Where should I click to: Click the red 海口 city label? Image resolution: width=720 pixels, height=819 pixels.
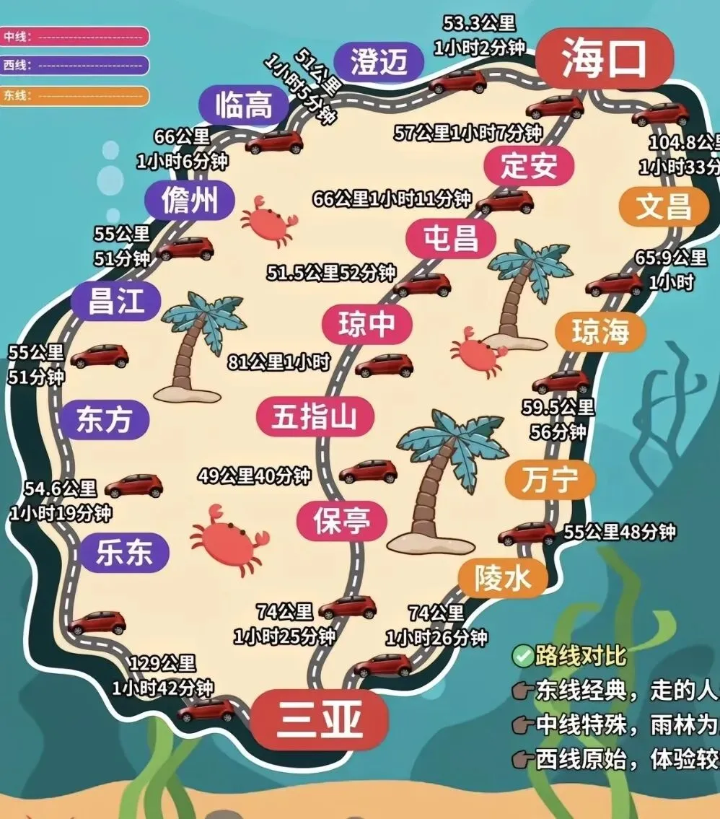604,58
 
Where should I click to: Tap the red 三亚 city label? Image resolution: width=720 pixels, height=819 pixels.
319,718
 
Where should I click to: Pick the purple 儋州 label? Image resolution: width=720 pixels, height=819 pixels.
190,200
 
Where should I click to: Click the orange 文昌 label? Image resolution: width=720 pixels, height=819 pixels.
663,206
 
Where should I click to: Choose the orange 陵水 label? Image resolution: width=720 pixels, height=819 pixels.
503,577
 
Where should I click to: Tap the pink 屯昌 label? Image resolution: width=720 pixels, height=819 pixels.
451,238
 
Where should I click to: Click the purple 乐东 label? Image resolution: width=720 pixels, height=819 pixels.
124,553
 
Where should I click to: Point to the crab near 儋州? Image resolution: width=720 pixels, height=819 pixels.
268,220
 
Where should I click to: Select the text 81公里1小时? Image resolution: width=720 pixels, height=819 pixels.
278,362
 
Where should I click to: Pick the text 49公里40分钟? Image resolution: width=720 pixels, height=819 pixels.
254,476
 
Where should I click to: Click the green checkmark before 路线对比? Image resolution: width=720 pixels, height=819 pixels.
522,656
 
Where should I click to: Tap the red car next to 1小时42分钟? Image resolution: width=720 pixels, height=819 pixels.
206,710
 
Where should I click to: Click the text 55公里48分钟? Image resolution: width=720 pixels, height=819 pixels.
619,532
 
